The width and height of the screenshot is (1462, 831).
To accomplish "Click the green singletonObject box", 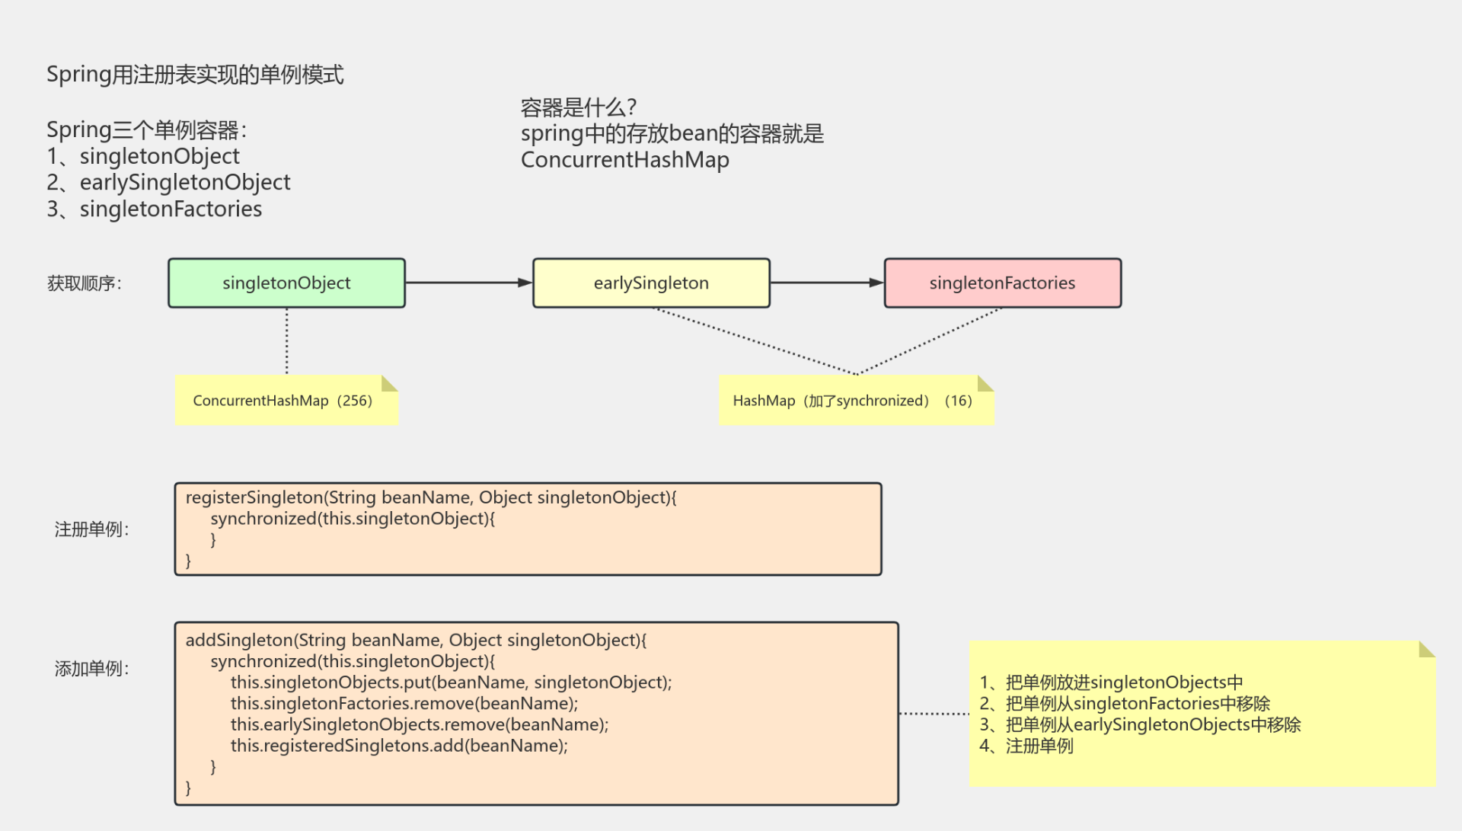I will click(x=286, y=283).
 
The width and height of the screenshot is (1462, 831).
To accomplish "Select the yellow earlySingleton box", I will click(x=651, y=283).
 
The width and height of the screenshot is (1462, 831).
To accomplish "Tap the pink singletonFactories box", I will click(x=1002, y=283).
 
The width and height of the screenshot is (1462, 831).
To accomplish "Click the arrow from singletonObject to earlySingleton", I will click(x=468, y=283).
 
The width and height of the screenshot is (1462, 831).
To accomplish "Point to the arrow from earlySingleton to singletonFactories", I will click(x=826, y=283).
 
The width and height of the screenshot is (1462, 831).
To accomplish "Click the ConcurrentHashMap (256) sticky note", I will click(x=286, y=401).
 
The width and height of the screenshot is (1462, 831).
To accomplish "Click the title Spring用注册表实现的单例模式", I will click(x=195, y=75).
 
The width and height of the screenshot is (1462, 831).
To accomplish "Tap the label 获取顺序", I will click(x=84, y=283).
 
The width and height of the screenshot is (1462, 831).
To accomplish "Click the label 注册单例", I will click(x=91, y=529).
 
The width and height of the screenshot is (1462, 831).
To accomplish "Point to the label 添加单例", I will click(x=91, y=669).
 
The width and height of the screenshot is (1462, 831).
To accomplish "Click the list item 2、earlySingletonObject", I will click(x=168, y=182).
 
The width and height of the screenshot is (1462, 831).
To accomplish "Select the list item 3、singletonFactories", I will click(x=155, y=209).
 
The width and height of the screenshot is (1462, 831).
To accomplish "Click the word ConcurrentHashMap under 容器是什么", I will click(x=624, y=160).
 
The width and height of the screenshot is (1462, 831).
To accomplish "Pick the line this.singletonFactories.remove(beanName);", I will click(x=404, y=703).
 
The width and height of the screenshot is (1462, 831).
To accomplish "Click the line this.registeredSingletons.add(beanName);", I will click(x=399, y=746).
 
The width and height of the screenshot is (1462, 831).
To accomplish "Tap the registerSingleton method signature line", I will click(x=431, y=497).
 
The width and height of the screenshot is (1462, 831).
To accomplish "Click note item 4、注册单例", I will click(x=1026, y=746).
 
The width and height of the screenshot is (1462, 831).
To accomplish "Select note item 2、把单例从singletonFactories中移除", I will click(x=1124, y=703).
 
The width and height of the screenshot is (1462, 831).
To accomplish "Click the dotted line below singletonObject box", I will click(x=287, y=340).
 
